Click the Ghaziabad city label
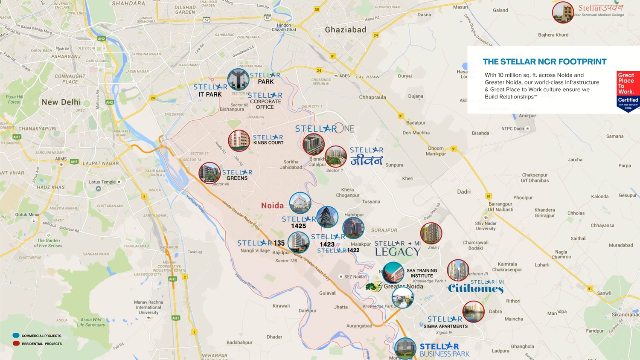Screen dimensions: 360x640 [x=345, y=30]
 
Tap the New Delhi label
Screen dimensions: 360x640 [x=61, y=102]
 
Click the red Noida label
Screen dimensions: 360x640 [x=272, y=206]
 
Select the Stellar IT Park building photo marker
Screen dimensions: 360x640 [x=238, y=79]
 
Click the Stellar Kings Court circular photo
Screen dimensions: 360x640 [x=239, y=141]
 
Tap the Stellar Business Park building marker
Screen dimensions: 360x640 [x=405, y=348]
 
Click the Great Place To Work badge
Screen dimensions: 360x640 [x=628, y=91]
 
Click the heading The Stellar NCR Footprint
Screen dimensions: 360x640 [x=544, y=62]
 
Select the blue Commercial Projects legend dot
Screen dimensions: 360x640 [x=16, y=336]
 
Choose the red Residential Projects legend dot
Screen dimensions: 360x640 [x=16, y=343]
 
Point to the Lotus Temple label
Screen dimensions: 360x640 [x=102, y=182]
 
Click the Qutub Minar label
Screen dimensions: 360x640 [x=27, y=215]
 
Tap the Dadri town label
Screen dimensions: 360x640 [x=464, y=192]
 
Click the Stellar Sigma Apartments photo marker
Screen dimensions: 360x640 [x=473, y=312]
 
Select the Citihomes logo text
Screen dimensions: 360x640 [x=475, y=289]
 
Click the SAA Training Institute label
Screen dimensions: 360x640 [x=422, y=273]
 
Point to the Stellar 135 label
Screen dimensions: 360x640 [x=261, y=243]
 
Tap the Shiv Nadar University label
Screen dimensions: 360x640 [x=486, y=226]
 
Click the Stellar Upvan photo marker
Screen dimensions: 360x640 [x=563, y=12]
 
